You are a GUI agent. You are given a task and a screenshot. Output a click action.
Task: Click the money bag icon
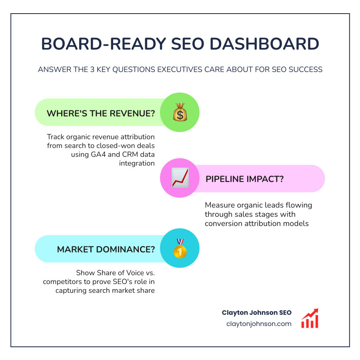[180, 112]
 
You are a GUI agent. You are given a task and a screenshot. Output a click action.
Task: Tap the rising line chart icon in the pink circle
[180, 178]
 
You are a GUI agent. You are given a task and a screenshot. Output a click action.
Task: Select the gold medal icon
[180, 248]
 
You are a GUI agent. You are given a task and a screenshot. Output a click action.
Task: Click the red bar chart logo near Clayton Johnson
[310, 318]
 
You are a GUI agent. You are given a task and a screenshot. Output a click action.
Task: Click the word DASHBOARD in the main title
[272, 44]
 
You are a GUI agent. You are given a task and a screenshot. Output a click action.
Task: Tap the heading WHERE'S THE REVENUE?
[101, 113]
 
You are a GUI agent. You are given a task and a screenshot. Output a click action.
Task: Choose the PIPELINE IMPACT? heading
[244, 179]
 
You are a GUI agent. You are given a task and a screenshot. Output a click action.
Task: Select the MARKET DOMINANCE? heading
[106, 249]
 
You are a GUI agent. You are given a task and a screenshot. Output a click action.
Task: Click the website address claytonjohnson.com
[258, 324]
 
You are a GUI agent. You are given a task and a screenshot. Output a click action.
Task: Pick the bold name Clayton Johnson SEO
[256, 312]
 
